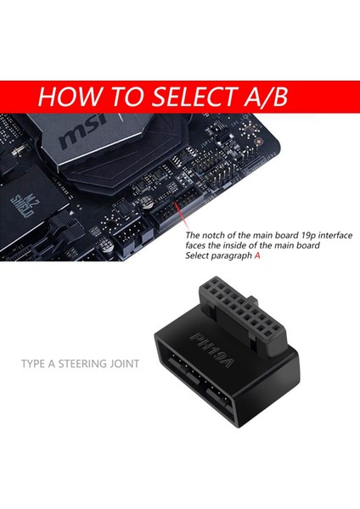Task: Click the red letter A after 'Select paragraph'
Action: (256, 255)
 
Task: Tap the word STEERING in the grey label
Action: (84, 366)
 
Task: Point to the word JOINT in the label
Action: (126, 366)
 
